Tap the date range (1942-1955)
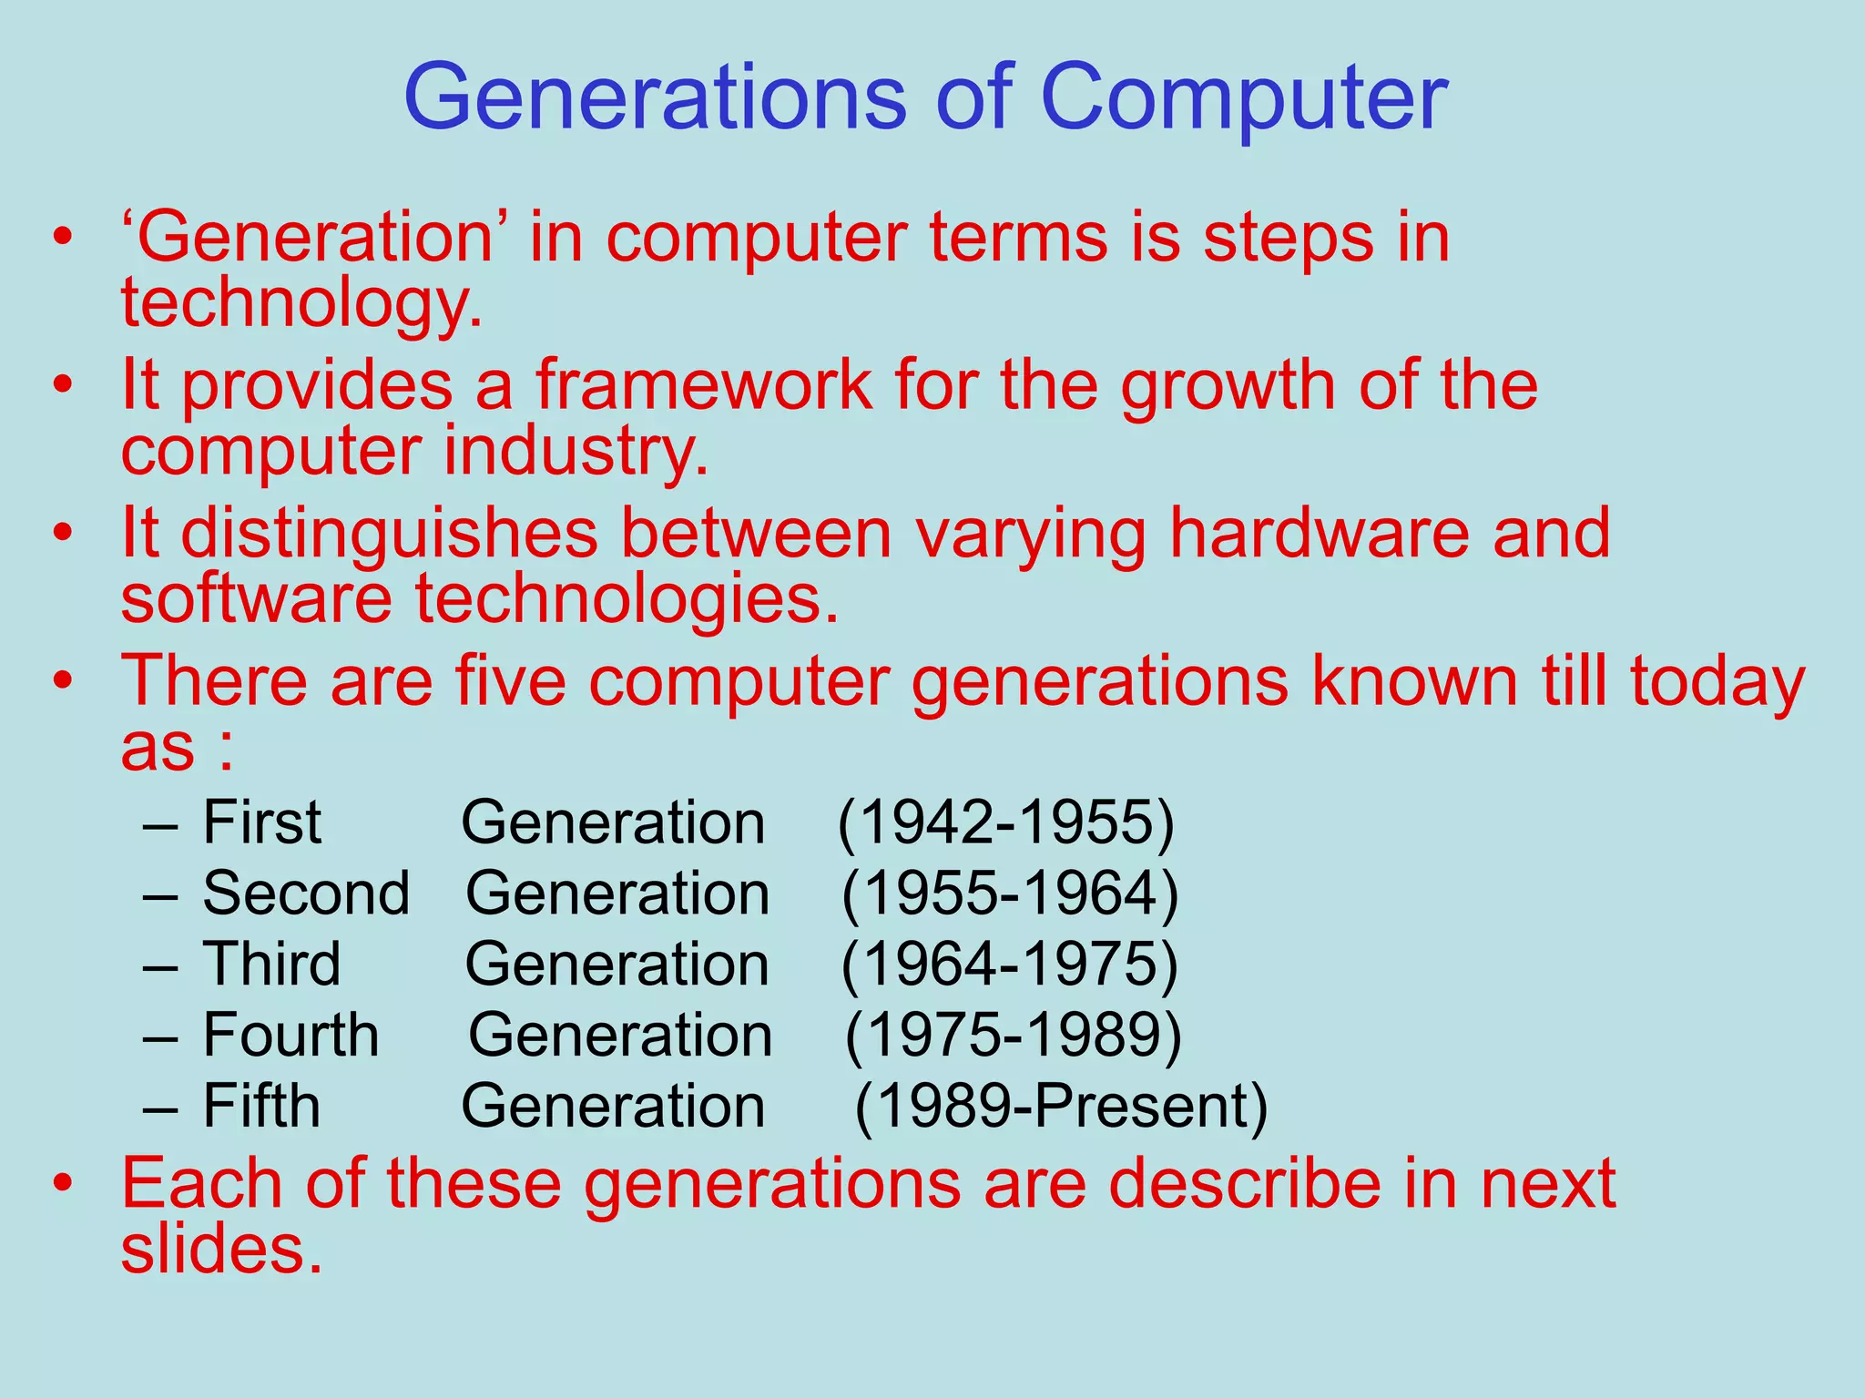1005,822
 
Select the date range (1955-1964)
1010,894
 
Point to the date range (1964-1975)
1009,965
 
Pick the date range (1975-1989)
1013,1036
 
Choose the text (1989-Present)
1061,1107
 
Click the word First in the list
261,822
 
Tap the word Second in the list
306,894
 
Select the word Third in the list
271,965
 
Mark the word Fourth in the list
290,1036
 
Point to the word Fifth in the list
261,1107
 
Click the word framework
703,384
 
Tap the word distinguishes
389,534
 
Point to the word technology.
301,304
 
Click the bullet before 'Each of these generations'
62,1182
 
